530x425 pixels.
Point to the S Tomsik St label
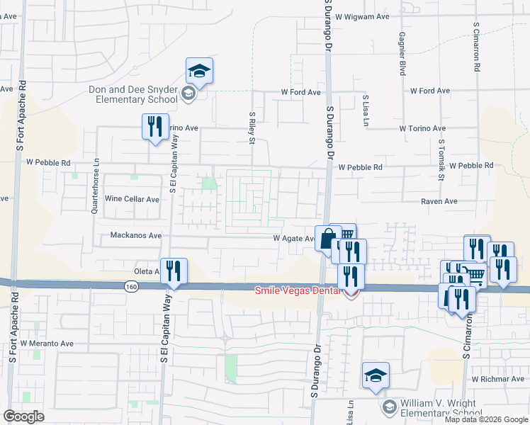pyautogui.click(x=441, y=159)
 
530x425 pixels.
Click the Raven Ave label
pyautogui.click(x=439, y=201)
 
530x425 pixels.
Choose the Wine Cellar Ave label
pyautogui.click(x=132, y=199)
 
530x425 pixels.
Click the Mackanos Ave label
pyautogui.click(x=136, y=235)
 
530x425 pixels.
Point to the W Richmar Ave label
pyautogui.click(x=497, y=379)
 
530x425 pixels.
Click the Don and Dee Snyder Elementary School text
pyautogui.click(x=133, y=94)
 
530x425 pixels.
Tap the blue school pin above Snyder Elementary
pyautogui.click(x=200, y=72)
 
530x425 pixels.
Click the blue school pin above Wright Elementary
pyautogui.click(x=376, y=375)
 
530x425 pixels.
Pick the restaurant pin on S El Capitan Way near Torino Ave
pyautogui.click(x=154, y=127)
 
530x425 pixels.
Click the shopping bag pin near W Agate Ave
pyautogui.click(x=327, y=239)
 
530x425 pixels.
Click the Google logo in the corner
pyautogui.click(x=23, y=416)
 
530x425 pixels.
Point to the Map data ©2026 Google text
pyautogui.click(x=486, y=419)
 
